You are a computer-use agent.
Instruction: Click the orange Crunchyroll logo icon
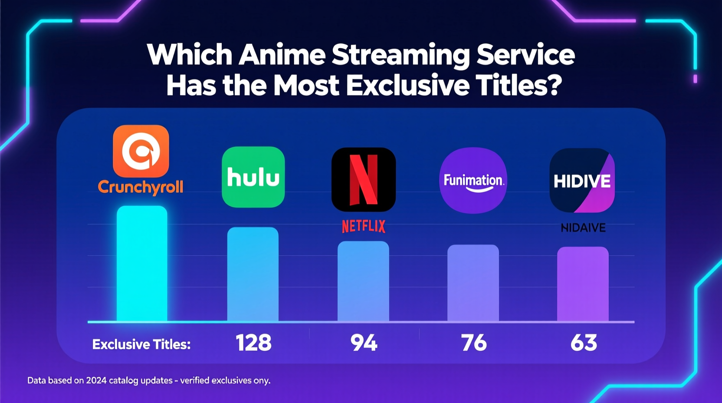(x=141, y=151)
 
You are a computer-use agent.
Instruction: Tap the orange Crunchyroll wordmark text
(x=141, y=187)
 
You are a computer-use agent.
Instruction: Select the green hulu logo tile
(x=253, y=177)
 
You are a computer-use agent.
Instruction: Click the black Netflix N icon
(x=364, y=179)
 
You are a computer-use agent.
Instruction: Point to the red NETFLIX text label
(x=364, y=226)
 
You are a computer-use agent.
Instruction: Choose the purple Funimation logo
(x=473, y=180)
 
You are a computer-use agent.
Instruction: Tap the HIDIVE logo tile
(x=582, y=180)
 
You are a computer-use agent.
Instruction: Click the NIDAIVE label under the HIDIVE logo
(x=583, y=228)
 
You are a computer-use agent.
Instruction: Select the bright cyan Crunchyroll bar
(x=142, y=264)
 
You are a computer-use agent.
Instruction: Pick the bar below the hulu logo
(x=253, y=274)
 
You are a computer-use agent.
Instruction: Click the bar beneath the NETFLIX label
(x=363, y=281)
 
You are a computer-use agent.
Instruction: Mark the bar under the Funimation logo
(x=473, y=283)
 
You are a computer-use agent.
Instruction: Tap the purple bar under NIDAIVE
(x=583, y=284)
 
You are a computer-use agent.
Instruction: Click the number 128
(x=253, y=343)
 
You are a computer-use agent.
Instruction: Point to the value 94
(x=364, y=343)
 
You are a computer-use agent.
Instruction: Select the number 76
(x=473, y=343)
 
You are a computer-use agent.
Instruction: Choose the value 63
(x=584, y=343)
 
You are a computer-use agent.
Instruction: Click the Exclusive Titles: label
(x=141, y=344)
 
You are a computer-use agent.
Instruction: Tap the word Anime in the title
(x=282, y=55)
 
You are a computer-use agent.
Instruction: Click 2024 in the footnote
(x=96, y=380)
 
